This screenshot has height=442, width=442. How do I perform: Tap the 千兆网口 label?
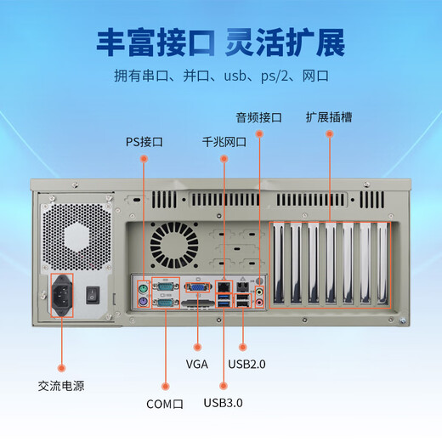point(224,142)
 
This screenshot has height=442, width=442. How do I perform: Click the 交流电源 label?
point(60,385)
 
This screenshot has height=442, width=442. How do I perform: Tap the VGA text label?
point(197,364)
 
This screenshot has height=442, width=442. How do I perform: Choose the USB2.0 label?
point(246,364)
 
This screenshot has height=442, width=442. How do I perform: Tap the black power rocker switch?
point(93,295)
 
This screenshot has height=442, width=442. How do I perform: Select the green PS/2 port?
point(144,287)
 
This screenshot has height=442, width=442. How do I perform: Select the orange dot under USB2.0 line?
point(242,346)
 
